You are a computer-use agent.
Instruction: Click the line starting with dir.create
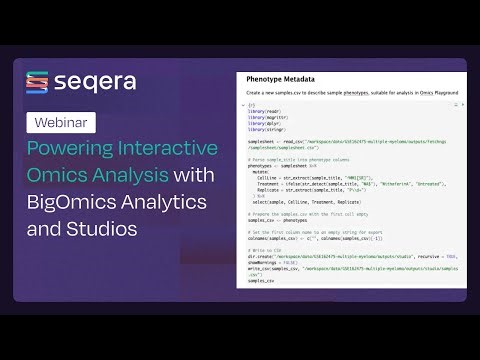pyautogui.click(x=340, y=257)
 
